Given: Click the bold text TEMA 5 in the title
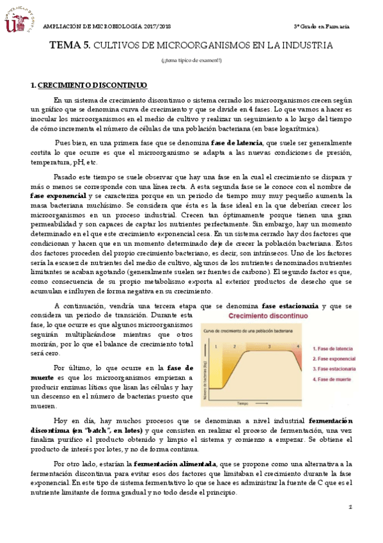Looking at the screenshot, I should (x=70, y=46).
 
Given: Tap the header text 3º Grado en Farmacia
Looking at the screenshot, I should (x=321, y=26).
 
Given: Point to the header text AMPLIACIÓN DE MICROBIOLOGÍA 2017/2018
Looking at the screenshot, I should (x=109, y=26).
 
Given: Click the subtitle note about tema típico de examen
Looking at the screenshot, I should (x=191, y=60).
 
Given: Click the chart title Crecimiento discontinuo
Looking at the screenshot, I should (x=258, y=316).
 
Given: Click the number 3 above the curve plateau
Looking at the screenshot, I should (x=269, y=346).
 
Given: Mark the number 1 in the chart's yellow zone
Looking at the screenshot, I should (x=216, y=346).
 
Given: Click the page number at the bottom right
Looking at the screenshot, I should (x=350, y=507).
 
